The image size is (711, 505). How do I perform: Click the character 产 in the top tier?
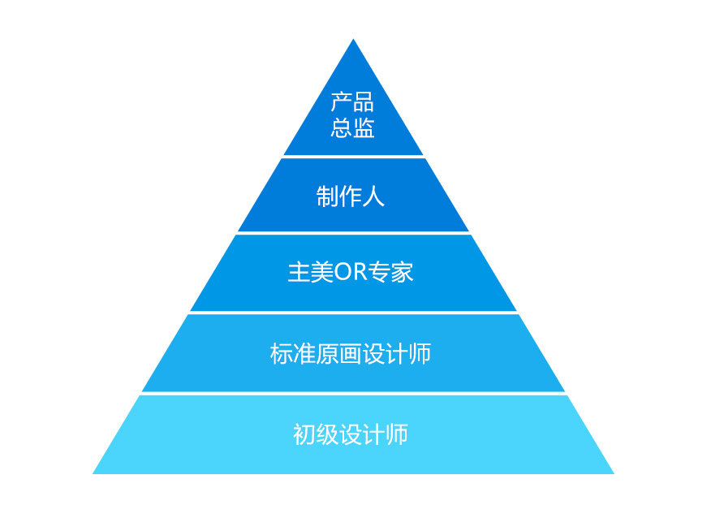pyautogui.click(x=341, y=103)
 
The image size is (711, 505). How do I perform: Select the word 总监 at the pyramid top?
pyautogui.click(x=352, y=128)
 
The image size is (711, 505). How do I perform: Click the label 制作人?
pyautogui.click(x=350, y=196)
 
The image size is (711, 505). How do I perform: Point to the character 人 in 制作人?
pyautogui.click(x=373, y=196)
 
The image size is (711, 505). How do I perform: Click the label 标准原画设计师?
pyautogui.click(x=351, y=354)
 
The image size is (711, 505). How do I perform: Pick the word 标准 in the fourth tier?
pyautogui.click(x=293, y=354)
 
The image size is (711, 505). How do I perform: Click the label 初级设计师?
pyautogui.click(x=350, y=435)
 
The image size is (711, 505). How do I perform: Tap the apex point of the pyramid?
pyautogui.click(x=353, y=41)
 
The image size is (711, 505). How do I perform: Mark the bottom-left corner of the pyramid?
pyautogui.click(x=94, y=473)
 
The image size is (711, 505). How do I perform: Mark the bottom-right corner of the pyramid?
pyautogui.click(x=612, y=473)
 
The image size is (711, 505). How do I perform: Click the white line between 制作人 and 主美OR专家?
pyautogui.click(x=353, y=233)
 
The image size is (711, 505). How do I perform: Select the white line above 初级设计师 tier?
pyautogui.click(x=353, y=394)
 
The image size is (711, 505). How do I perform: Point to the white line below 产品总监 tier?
pyautogui.click(x=353, y=157)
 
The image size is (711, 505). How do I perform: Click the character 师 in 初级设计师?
pyautogui.click(x=397, y=435)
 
